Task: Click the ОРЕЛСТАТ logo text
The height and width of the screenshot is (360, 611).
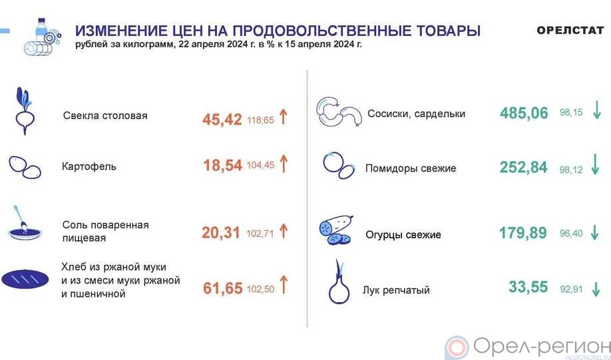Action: pos(570,30)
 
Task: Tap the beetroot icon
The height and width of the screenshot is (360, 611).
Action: pos(25,111)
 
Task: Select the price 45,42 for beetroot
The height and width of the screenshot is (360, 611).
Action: pos(222,120)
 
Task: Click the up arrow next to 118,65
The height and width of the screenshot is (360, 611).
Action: pos(284,116)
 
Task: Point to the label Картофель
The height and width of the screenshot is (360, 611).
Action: pos(89,166)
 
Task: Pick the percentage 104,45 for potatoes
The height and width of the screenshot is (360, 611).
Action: pos(260,165)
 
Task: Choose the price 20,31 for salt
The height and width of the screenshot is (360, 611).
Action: pos(220,233)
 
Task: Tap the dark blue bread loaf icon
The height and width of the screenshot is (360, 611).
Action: pos(25,279)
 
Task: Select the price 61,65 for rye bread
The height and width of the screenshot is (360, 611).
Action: pos(223,288)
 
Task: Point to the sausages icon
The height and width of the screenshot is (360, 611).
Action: pos(339,112)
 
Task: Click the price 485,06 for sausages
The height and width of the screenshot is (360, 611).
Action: pos(524,113)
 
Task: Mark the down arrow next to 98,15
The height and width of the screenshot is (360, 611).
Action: pos(597,110)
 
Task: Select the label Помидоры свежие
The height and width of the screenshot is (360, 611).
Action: pos(411,168)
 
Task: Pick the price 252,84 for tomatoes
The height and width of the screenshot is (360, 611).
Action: pos(524,167)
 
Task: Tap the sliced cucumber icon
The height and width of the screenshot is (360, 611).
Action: pos(336,230)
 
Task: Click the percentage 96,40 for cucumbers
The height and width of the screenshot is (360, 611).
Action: pos(571,234)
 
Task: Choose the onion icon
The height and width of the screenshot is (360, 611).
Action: pos(339,281)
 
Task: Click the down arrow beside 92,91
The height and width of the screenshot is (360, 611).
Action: pos(596,289)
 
